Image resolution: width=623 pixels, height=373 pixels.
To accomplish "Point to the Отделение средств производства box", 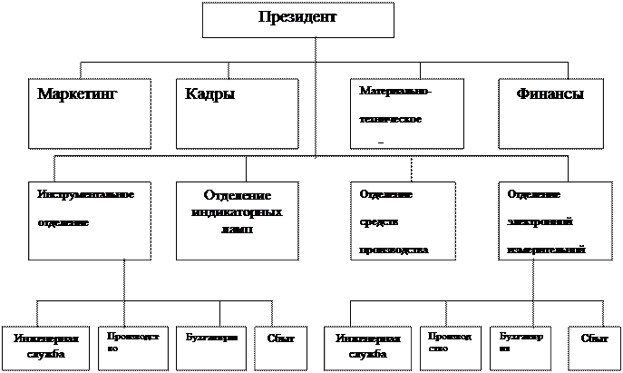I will [x=403, y=221].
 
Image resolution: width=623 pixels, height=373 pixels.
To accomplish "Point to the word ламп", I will [x=235, y=230].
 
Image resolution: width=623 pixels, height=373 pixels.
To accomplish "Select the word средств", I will [x=379, y=221].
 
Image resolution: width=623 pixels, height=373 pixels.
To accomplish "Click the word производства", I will [x=394, y=249].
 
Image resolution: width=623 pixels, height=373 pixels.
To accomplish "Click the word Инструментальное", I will [x=87, y=195].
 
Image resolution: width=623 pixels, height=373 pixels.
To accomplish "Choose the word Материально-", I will [x=395, y=93].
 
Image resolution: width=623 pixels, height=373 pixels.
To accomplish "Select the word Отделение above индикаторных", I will [x=238, y=197].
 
